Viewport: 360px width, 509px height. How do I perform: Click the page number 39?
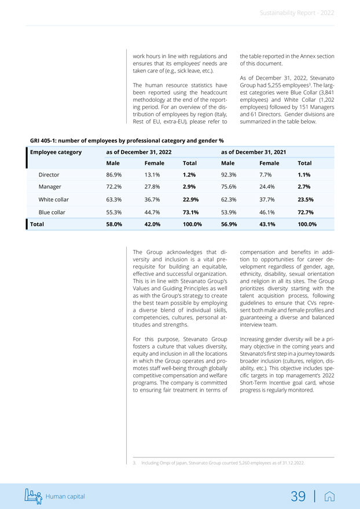pyautogui.click(x=298, y=496)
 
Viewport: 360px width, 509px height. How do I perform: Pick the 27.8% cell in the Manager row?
pyautogui.click(x=152, y=187)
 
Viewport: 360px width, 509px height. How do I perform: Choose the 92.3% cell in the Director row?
pyautogui.click(x=229, y=174)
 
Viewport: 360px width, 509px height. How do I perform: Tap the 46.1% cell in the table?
pyautogui.click(x=267, y=212)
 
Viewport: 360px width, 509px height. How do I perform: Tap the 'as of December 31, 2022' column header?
pyautogui.click(x=139, y=152)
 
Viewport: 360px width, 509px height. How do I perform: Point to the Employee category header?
pyautogui.click(x=56, y=152)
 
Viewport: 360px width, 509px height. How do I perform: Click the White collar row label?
pyautogui.click(x=53, y=200)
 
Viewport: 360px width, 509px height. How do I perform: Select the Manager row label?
pyautogui.click(x=50, y=187)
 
